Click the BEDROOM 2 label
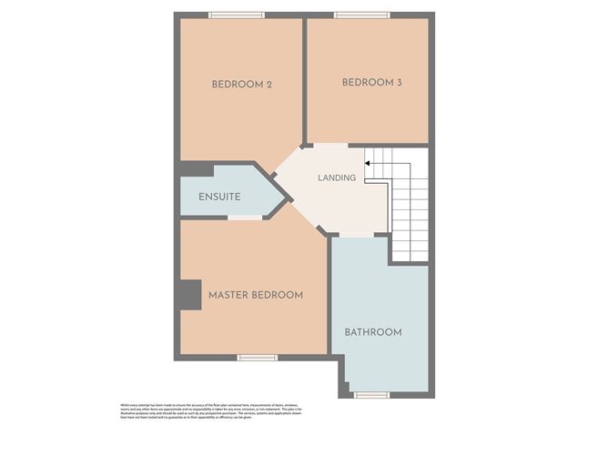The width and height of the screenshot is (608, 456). coord(242,85)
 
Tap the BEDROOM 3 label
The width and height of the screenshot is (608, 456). coord(371,83)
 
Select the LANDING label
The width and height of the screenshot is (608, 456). coord(336,177)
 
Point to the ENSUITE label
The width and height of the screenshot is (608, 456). coord(218,196)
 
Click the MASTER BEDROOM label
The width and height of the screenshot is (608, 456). coord(255,296)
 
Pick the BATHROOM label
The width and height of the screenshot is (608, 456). coord(372,332)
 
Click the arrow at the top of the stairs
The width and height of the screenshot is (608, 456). coord(368,164)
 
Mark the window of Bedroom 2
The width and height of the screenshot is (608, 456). coord(236,15)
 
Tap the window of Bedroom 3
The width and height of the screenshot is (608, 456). coord(361,15)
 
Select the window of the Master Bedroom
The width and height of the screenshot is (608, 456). coord(257,358)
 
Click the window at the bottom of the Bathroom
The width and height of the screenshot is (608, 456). coord(370,394)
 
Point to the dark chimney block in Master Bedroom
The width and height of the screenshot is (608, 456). coord(189,295)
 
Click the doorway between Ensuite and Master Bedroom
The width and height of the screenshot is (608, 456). coord(245,218)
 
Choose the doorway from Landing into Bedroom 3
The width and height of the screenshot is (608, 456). coord(330,146)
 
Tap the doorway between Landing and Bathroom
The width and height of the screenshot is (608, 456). coord(351,235)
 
